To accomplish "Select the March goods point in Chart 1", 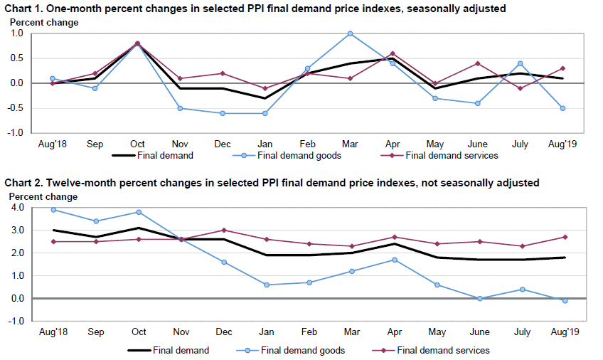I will (351, 33).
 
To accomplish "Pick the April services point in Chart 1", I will (393, 53).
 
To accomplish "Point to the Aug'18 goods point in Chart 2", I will (53, 210).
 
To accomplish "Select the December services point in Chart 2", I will (223, 231).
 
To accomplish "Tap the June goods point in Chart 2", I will (480, 299).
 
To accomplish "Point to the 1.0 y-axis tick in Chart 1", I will (17, 33).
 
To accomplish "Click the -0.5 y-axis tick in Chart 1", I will (16, 108).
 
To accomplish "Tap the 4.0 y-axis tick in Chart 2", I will (17, 208).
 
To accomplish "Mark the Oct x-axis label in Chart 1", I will (138, 144).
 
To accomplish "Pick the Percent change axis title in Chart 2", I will (44, 196).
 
